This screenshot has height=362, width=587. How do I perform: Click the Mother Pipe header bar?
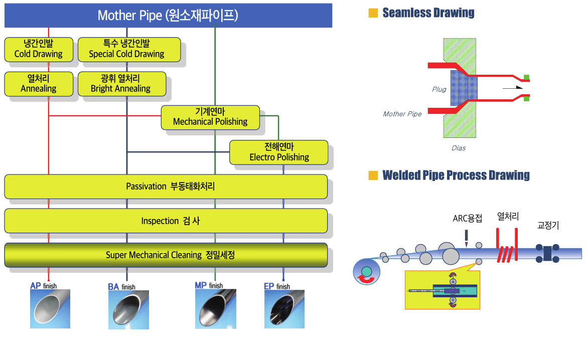click(x=168, y=16)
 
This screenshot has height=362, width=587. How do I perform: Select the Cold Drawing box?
click(x=39, y=49)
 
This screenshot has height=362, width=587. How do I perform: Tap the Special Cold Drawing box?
click(x=129, y=49)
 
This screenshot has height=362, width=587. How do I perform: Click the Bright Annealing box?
click(x=122, y=84)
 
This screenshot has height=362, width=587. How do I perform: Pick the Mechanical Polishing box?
click(x=210, y=117)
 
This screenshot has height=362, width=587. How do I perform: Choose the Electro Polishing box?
click(x=278, y=152)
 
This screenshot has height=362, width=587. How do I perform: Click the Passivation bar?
click(x=166, y=186)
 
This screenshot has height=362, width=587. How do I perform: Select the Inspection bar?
click(x=166, y=221)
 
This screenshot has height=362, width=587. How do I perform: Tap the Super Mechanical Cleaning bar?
click(x=166, y=255)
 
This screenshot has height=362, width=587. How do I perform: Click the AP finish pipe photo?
click(x=50, y=309)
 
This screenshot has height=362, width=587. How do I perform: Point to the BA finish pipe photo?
click(x=128, y=310)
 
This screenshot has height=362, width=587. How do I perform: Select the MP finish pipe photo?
click(x=216, y=309)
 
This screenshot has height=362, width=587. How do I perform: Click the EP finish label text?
click(x=277, y=286)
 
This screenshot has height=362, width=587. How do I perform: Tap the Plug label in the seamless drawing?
click(x=439, y=89)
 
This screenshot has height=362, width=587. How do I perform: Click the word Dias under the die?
click(x=459, y=148)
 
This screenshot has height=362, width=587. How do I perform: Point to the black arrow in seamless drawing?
click(x=513, y=88)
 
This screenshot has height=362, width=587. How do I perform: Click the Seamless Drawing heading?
click(x=428, y=13)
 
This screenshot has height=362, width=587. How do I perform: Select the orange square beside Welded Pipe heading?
click(x=373, y=175)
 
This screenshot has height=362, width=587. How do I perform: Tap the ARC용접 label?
click(x=467, y=219)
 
